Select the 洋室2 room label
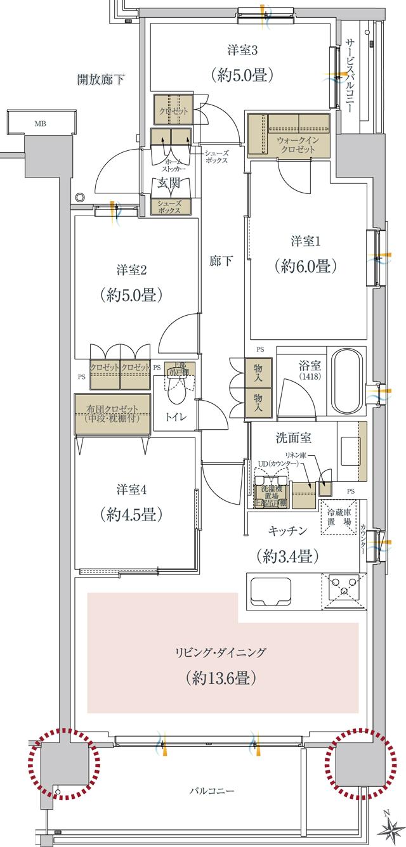pyautogui.click(x=132, y=270)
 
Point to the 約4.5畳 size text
pyautogui.click(x=132, y=514)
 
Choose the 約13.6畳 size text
pyautogui.click(x=221, y=678)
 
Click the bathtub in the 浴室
pyautogui.click(x=346, y=380)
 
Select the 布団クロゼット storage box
pyautogui.click(x=112, y=414)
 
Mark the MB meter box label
pyautogui.click(x=41, y=124)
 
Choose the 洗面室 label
pyautogui.click(x=292, y=437)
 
